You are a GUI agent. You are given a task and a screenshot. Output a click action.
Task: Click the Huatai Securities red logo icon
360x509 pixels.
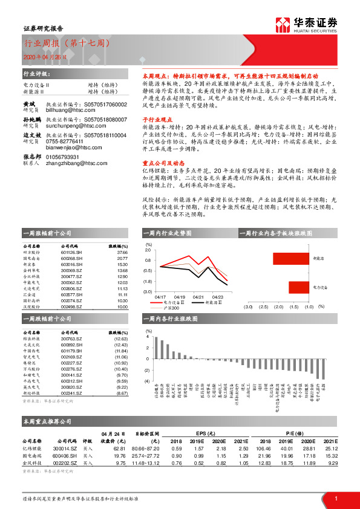(281, 24)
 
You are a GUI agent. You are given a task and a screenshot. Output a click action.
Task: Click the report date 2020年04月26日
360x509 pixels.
(42, 56)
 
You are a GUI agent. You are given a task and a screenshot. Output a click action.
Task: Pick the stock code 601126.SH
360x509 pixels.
(72, 253)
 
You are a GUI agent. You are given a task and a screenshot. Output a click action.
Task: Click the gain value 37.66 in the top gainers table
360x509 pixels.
(122, 253)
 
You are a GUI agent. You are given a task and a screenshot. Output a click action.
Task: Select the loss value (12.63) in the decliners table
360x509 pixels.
(120, 339)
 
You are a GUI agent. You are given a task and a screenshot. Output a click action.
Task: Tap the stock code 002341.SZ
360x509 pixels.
(72, 393)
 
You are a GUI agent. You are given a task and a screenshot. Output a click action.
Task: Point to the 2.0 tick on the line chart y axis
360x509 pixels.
(148, 250)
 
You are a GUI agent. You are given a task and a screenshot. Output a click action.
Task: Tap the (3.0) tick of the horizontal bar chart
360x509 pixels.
(247, 306)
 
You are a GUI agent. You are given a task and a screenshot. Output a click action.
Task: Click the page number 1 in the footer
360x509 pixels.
(335, 498)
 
